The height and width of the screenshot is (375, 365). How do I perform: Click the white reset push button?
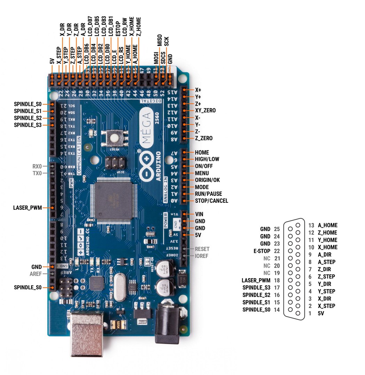(x=114, y=138)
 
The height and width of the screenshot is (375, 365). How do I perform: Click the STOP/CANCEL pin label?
(x=212, y=201)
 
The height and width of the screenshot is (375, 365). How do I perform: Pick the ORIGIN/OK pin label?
(x=207, y=180)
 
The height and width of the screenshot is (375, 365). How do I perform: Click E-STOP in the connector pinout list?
(x=262, y=251)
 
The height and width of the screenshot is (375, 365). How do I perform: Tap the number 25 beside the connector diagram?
(x=277, y=229)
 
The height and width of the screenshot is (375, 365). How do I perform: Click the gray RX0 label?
(x=37, y=166)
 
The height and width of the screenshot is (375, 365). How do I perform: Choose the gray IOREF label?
(x=202, y=256)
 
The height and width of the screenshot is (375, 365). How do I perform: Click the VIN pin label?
(x=199, y=214)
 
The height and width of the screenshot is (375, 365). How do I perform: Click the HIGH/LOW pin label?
(x=207, y=159)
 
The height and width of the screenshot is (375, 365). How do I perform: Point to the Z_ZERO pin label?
(x=204, y=138)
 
